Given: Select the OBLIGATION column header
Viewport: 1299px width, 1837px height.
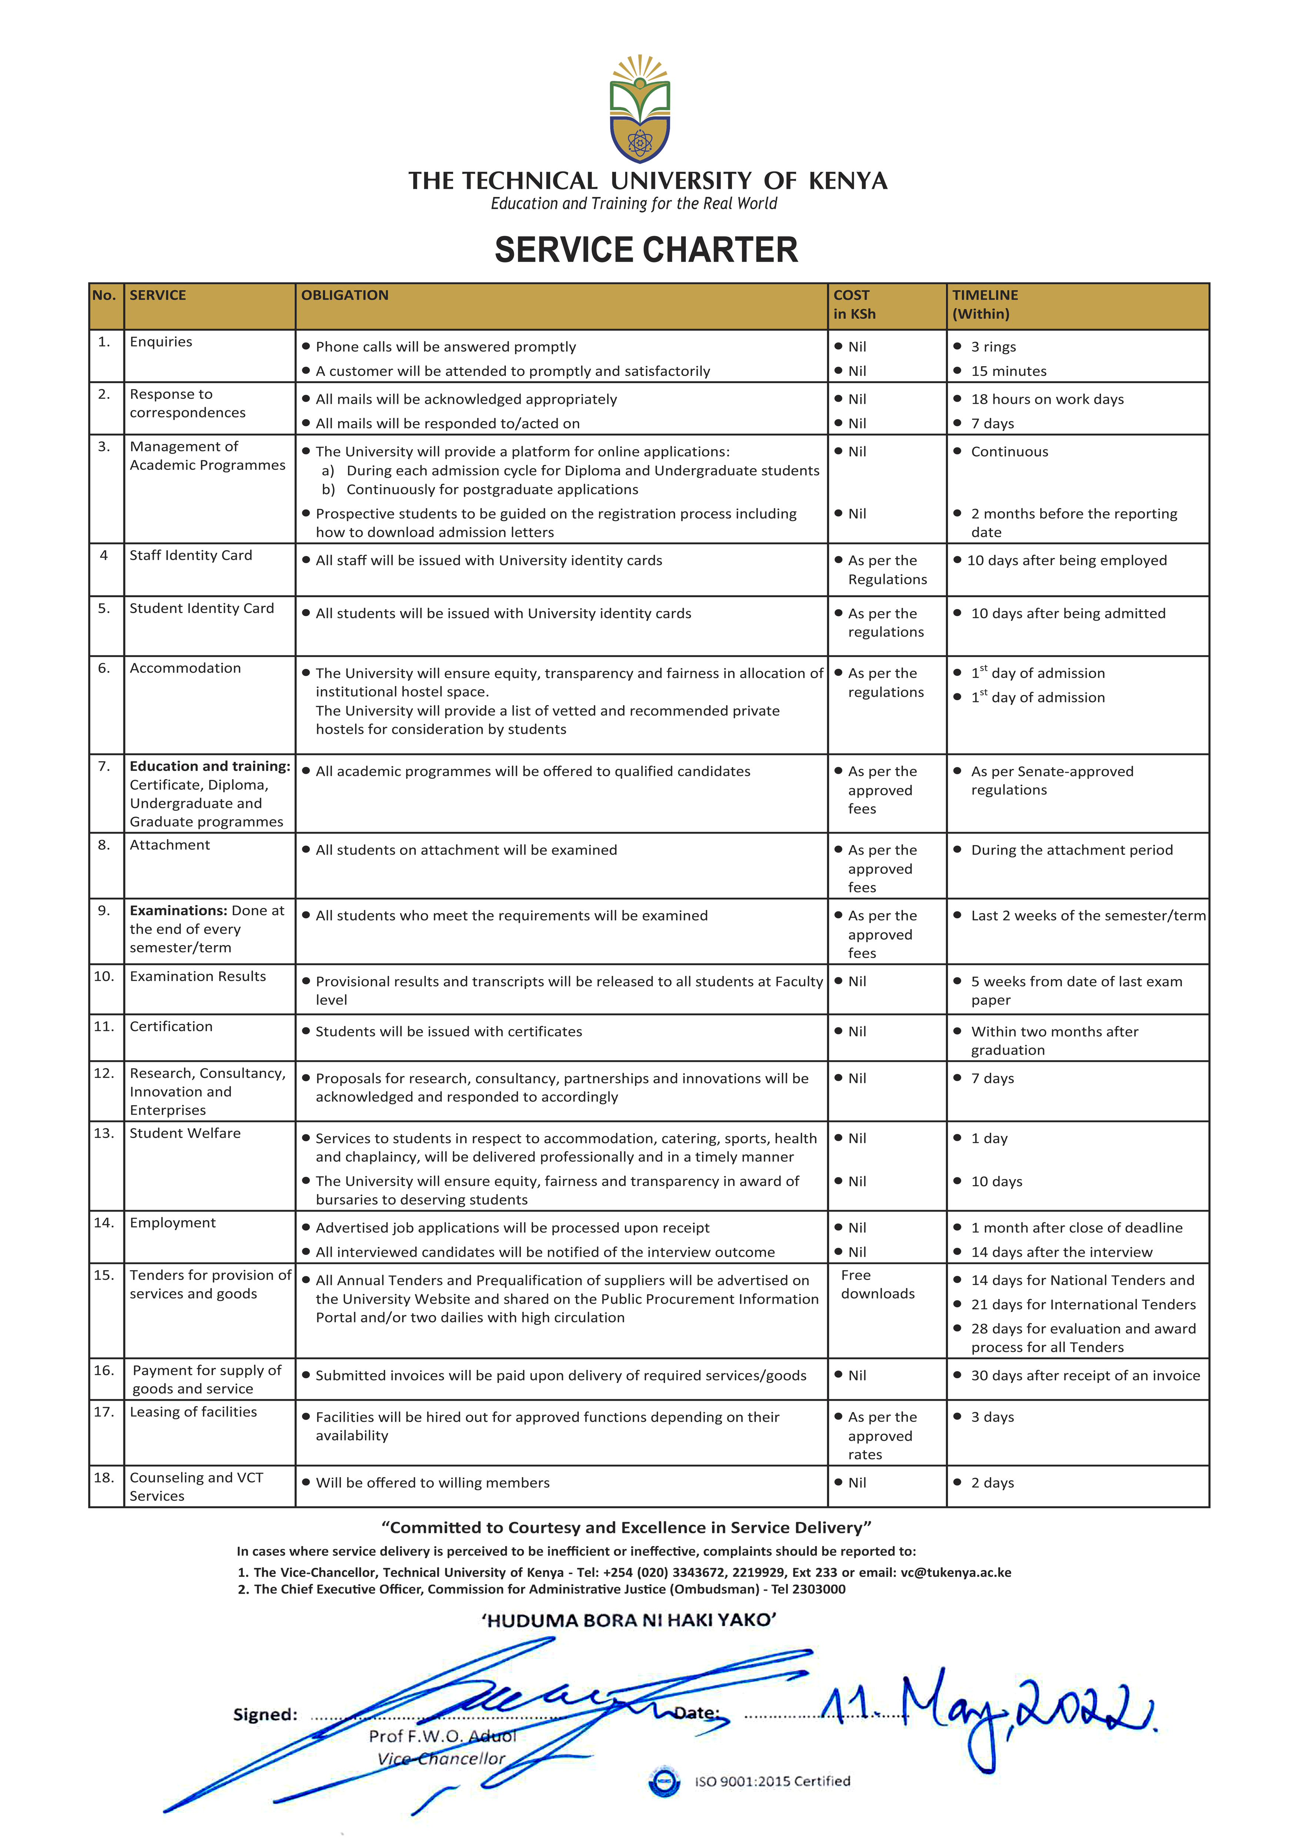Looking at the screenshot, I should pos(345,295).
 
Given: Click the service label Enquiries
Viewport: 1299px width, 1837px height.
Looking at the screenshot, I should pos(161,342).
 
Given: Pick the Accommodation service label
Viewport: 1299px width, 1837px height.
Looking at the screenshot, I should pos(185,668).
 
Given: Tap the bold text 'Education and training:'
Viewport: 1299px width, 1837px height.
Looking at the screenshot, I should pos(210,766).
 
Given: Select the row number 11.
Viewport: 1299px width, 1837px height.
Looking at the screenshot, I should pos(104,1026).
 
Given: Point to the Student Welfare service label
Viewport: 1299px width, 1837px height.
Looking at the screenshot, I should pos(185,1133).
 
